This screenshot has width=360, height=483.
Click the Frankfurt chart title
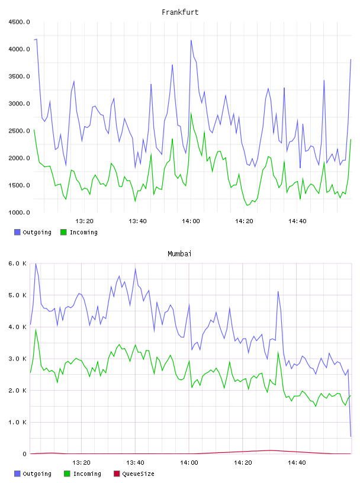click(180, 12)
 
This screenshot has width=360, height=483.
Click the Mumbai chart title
click(179, 254)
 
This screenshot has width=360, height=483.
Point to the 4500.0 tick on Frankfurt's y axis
click(19, 22)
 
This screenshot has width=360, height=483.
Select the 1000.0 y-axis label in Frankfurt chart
click(19, 212)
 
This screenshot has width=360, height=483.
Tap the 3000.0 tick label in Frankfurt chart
click(19, 104)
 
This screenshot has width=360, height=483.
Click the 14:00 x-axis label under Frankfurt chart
click(191, 221)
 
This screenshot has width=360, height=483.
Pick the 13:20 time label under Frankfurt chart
click(85, 221)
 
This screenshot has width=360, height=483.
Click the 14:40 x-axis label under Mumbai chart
click(297, 463)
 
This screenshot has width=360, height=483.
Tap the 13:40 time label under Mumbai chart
click(135, 463)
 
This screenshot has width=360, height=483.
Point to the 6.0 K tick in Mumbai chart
click(17, 263)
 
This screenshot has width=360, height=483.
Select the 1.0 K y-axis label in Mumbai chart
click(17, 422)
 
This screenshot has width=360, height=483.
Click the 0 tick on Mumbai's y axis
click(24, 454)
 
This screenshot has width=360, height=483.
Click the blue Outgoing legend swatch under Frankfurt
click(17, 232)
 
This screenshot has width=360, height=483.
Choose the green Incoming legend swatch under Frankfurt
click(63, 232)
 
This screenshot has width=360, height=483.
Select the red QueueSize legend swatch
click(117, 474)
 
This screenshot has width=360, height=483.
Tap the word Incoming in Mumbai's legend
click(87, 474)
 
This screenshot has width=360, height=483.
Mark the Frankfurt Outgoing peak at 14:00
click(191, 40)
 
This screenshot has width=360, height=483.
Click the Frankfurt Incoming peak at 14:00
click(191, 113)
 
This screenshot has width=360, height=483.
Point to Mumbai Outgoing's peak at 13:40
click(136, 269)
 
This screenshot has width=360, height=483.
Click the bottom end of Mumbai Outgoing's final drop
click(351, 436)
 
